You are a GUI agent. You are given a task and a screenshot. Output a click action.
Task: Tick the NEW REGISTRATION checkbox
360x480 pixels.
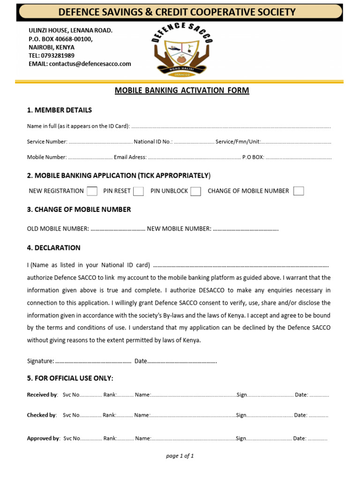[x=92, y=191]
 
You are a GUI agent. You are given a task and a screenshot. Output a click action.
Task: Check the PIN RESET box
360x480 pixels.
[x=138, y=191]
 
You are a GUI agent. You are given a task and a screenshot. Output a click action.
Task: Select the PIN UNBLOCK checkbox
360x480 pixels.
[x=196, y=191]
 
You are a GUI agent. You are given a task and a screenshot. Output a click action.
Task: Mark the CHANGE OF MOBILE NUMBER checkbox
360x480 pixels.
[x=299, y=191]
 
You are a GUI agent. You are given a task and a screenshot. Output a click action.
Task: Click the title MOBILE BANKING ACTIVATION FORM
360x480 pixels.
[x=182, y=90]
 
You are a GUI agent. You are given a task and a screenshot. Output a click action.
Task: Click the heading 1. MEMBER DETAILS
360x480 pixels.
[x=60, y=110]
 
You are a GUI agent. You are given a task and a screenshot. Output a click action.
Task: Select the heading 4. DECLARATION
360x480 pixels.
[x=54, y=247]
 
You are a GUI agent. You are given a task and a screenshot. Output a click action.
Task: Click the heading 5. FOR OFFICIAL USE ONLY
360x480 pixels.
[x=70, y=378]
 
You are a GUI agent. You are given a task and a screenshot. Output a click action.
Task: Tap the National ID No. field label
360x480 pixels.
[x=153, y=142]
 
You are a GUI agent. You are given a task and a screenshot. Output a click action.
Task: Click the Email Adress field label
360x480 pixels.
[x=130, y=157]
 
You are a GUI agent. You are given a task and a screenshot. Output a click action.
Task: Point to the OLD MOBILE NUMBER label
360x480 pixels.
[x=58, y=229]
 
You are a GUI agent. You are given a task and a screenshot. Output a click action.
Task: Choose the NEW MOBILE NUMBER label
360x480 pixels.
[x=179, y=229]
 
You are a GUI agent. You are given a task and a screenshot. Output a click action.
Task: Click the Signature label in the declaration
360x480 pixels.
[x=40, y=361]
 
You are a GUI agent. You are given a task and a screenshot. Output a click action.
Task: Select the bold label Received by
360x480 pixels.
[x=42, y=395]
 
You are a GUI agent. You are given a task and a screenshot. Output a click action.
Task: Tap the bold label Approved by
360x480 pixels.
[x=43, y=438]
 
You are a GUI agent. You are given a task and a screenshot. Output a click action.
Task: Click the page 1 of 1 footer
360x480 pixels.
[x=180, y=456]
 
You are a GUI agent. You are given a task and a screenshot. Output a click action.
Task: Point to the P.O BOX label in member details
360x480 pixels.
[x=253, y=157]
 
